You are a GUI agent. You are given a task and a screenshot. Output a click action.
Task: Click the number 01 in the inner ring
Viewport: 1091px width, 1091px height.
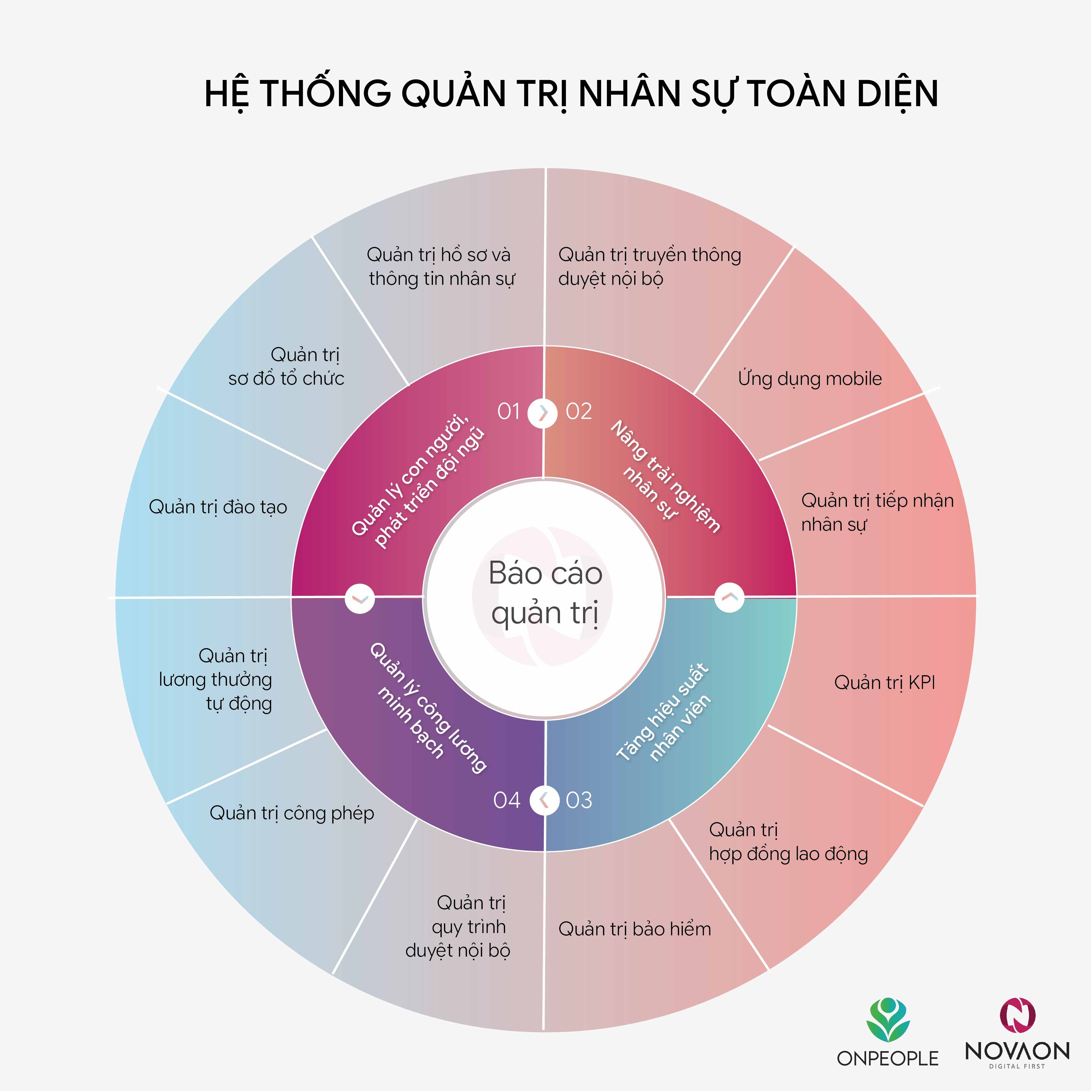point(508,412)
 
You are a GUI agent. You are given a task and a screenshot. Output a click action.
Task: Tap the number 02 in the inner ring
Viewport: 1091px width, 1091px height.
point(579,412)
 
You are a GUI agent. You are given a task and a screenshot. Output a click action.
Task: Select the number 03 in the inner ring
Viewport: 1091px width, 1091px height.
point(579,800)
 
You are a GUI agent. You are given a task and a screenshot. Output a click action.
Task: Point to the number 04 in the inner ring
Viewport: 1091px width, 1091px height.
point(507,800)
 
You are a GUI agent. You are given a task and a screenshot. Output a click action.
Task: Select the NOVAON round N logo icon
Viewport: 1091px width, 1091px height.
point(1018,1017)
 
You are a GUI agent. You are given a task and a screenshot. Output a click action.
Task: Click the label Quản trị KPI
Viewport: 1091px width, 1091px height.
point(884,683)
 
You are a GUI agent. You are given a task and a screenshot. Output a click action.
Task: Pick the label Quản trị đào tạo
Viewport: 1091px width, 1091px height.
point(218,507)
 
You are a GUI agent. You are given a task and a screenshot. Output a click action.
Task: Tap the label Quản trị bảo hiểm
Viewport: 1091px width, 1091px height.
point(635,929)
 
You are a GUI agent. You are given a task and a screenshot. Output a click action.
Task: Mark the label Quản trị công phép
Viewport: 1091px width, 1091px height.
point(292,813)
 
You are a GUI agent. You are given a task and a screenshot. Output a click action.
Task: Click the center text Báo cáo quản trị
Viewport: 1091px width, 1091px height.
point(545,593)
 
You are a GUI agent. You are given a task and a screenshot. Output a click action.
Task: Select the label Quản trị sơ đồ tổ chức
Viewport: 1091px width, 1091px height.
point(286,367)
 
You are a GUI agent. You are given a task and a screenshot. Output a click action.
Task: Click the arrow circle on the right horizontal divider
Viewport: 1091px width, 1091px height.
point(729,597)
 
